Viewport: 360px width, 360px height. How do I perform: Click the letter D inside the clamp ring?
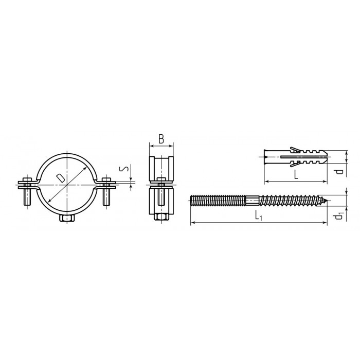pos(60,178)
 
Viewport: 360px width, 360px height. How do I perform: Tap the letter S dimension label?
pos(123,169)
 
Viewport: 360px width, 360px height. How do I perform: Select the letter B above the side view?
pos(161,139)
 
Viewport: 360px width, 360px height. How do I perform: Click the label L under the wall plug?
pos(296,175)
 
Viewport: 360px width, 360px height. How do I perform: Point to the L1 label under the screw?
pos(259,216)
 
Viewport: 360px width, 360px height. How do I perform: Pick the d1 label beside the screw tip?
pos(339,216)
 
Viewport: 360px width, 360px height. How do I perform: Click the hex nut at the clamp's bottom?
pos(67,218)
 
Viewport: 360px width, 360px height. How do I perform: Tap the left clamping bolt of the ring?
pos(28,191)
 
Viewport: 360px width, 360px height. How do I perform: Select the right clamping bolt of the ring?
pos(106,191)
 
